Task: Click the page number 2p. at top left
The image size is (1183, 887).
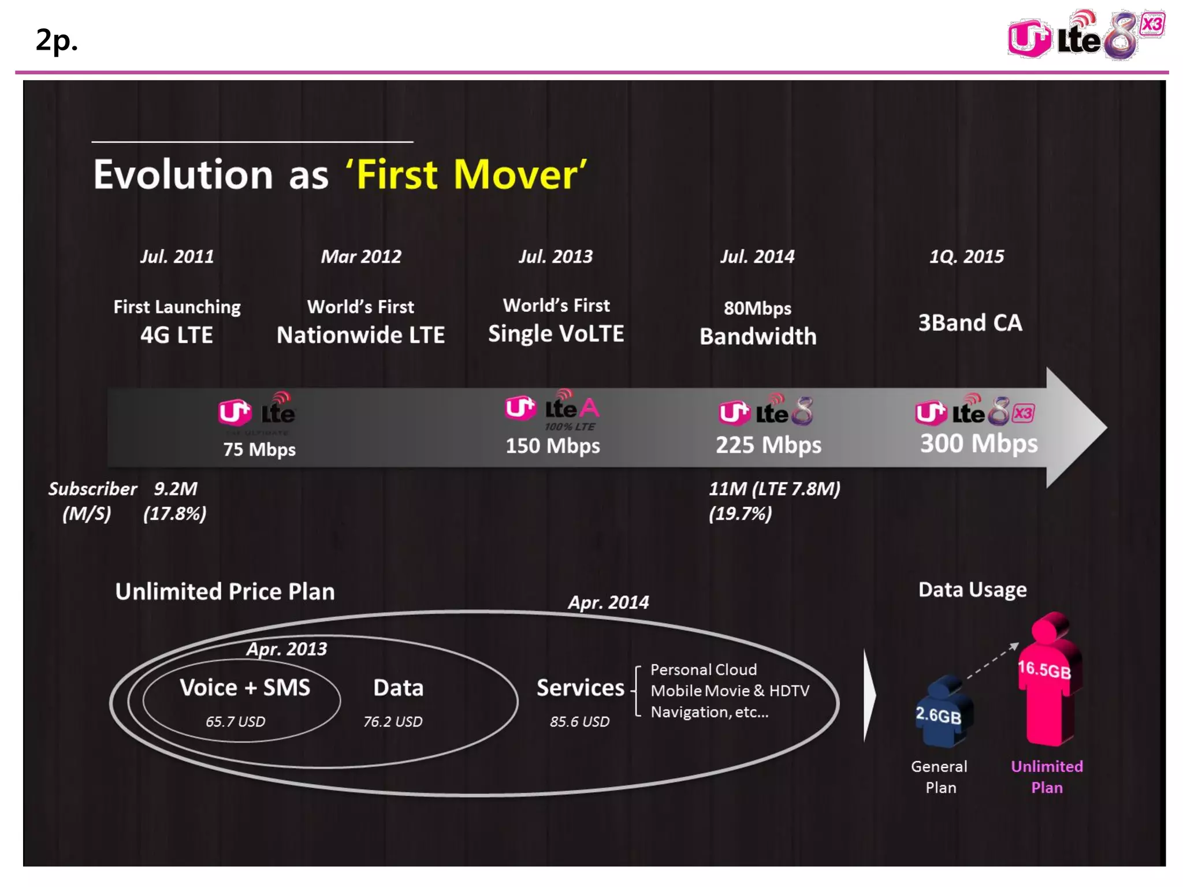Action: (x=56, y=40)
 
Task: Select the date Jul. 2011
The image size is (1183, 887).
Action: (x=177, y=256)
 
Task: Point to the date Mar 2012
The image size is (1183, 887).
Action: (x=361, y=256)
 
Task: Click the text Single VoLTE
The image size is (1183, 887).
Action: (x=556, y=334)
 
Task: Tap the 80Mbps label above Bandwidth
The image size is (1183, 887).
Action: (x=757, y=308)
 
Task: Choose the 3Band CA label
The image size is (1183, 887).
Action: (x=970, y=323)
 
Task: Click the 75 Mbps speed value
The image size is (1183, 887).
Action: (x=259, y=449)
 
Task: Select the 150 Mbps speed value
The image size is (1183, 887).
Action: (x=553, y=446)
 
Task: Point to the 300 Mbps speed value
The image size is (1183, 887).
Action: (x=979, y=443)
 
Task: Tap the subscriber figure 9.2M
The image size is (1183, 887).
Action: (x=176, y=489)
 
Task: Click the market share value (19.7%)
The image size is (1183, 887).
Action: (x=740, y=513)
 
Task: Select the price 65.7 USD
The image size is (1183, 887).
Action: (x=235, y=722)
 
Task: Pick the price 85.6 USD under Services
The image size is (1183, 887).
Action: (x=579, y=722)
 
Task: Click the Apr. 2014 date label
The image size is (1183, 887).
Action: (x=608, y=603)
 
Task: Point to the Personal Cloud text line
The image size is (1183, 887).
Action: (x=703, y=670)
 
